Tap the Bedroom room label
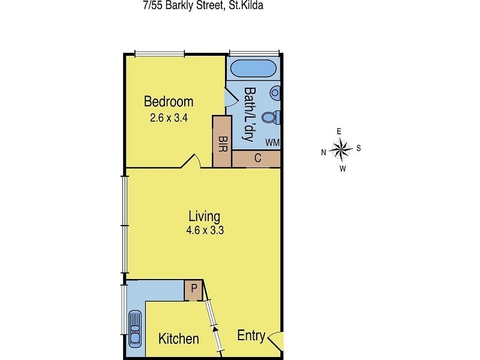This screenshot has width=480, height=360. [x=169, y=101]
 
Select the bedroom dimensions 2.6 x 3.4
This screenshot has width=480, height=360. [x=169, y=118]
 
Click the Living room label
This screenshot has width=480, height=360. [x=204, y=216]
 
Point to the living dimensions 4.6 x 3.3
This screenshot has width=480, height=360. [x=204, y=230]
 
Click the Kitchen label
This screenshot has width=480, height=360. [x=178, y=339]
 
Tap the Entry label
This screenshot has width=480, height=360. [x=251, y=336]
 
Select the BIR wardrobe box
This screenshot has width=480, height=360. [x=222, y=142]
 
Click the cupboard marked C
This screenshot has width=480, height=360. [x=257, y=159]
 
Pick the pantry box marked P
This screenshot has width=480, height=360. [x=193, y=289]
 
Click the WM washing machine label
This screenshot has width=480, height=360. [x=272, y=143]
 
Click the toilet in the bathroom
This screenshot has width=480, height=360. [x=271, y=116]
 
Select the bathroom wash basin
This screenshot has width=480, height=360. [x=275, y=93]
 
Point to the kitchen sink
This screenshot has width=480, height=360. [x=134, y=328]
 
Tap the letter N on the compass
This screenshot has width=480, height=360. [x=323, y=152]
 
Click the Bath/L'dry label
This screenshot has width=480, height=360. [x=250, y=115]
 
